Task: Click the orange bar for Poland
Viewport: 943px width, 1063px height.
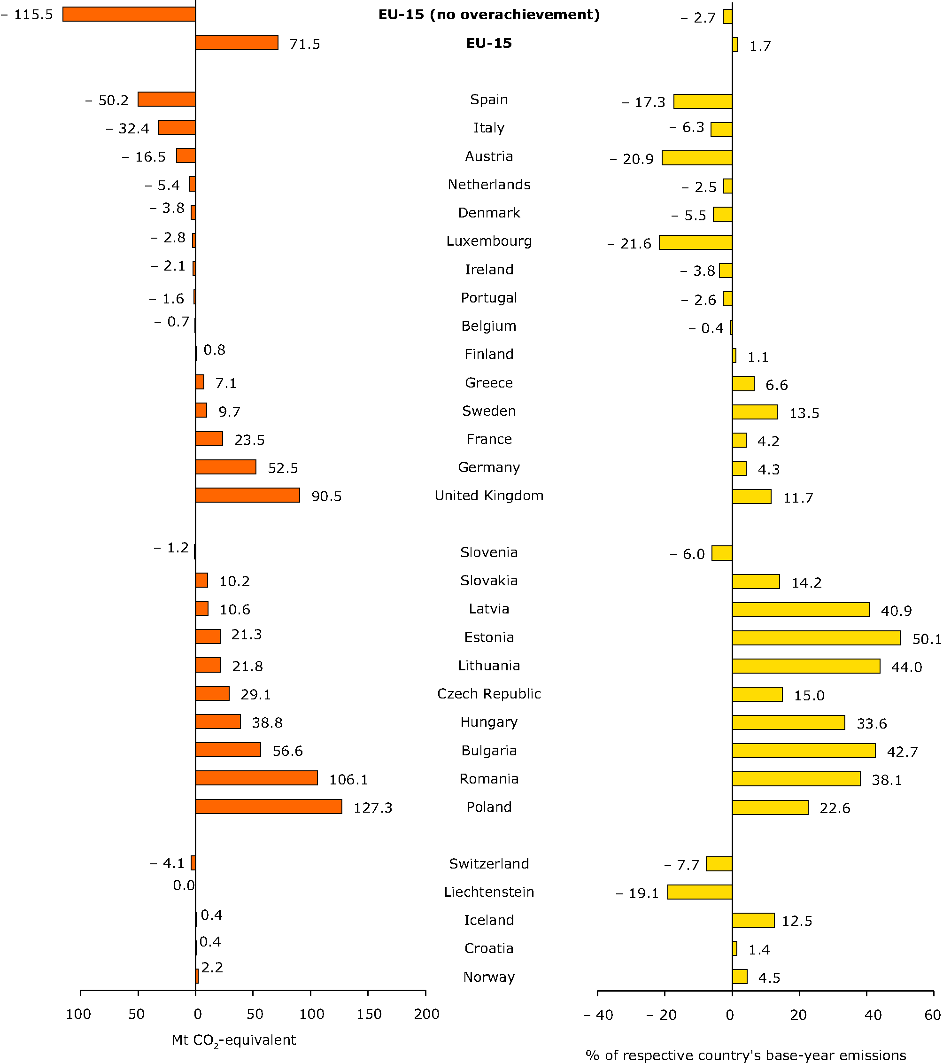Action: [x=269, y=807]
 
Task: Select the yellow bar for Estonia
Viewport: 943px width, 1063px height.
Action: [x=816, y=638]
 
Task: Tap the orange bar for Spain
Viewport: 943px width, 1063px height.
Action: [x=167, y=99]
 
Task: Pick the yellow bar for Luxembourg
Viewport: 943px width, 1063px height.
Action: [x=696, y=242]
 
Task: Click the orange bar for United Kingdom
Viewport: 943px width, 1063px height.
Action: [x=247, y=496]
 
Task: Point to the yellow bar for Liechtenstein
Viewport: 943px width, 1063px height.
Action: [x=700, y=892]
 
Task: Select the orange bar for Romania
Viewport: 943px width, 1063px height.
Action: [x=256, y=778]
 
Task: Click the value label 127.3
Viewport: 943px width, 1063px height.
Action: [x=373, y=807]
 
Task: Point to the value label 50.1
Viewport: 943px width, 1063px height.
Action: [x=927, y=639]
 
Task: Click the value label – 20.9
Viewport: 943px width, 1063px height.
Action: [x=632, y=159]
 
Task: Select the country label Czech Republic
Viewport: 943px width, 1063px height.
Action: [x=489, y=694]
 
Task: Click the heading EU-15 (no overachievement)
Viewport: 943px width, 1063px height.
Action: [x=489, y=15]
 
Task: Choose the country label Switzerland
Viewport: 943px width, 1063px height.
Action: [x=489, y=864]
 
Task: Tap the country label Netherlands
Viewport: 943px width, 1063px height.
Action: [x=489, y=185]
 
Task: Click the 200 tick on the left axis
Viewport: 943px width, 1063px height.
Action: [x=426, y=1014]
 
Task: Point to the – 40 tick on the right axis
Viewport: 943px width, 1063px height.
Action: [x=598, y=1015]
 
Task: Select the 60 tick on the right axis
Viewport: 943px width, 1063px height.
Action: [x=933, y=1015]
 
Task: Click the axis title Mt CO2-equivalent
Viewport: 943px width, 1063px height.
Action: [x=233, y=1040]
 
